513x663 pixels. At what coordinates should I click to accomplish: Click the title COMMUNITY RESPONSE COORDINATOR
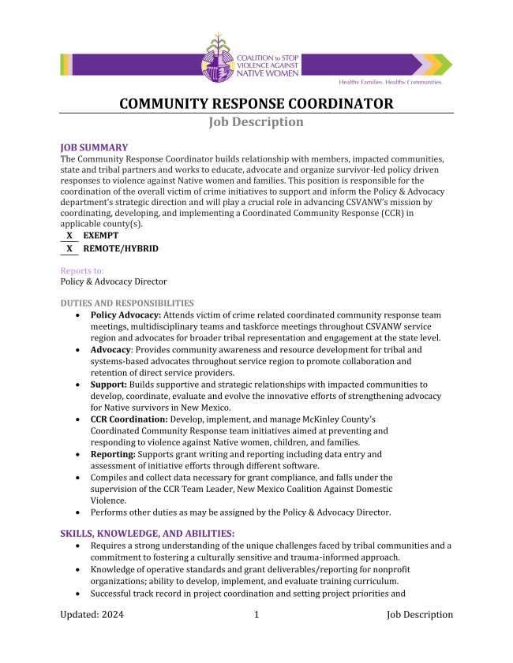256,104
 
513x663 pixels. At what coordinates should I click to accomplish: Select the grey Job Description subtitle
256,122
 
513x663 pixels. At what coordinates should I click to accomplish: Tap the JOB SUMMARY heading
94,147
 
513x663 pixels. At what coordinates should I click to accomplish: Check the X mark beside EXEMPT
69,235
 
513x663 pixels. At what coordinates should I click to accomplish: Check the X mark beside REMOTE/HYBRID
69,248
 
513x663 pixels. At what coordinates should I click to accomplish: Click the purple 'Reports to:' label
82,270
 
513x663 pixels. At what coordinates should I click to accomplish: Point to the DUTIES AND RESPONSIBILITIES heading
127,303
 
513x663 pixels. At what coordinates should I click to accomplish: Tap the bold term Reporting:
113,454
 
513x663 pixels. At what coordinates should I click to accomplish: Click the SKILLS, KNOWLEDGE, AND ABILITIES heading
148,534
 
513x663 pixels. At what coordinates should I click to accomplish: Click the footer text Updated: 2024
92,615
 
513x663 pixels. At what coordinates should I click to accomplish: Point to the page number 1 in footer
256,615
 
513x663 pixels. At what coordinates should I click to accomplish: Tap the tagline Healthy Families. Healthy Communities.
390,82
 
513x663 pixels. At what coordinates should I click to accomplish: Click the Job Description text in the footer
420,615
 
